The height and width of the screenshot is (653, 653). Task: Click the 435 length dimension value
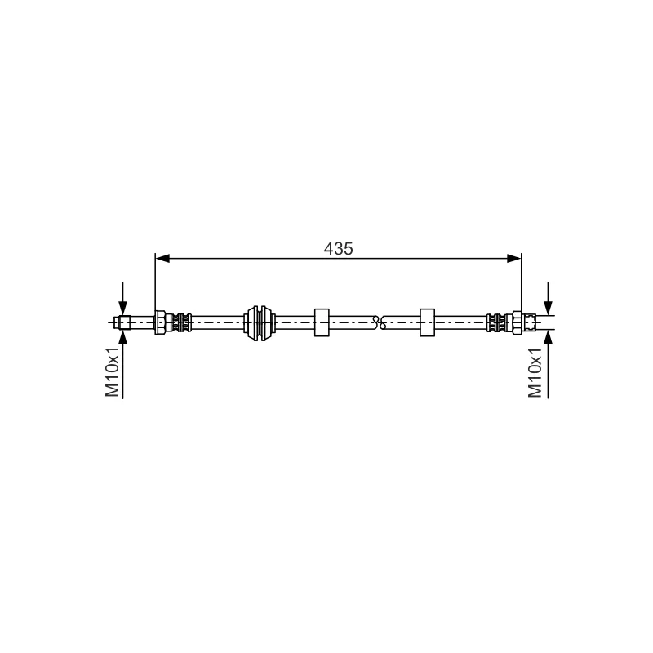tap(338, 249)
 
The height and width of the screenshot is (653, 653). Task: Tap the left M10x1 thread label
tap(112, 371)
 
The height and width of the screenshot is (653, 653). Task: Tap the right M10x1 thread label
tap(535, 372)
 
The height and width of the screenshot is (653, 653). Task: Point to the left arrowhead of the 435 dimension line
tap(162, 259)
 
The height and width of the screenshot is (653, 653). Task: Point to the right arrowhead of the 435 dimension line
tap(514, 259)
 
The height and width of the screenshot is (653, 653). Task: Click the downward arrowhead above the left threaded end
tap(123, 308)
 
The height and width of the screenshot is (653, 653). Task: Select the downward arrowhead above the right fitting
tap(548, 308)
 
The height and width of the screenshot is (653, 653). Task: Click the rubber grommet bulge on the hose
tap(260, 322)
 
